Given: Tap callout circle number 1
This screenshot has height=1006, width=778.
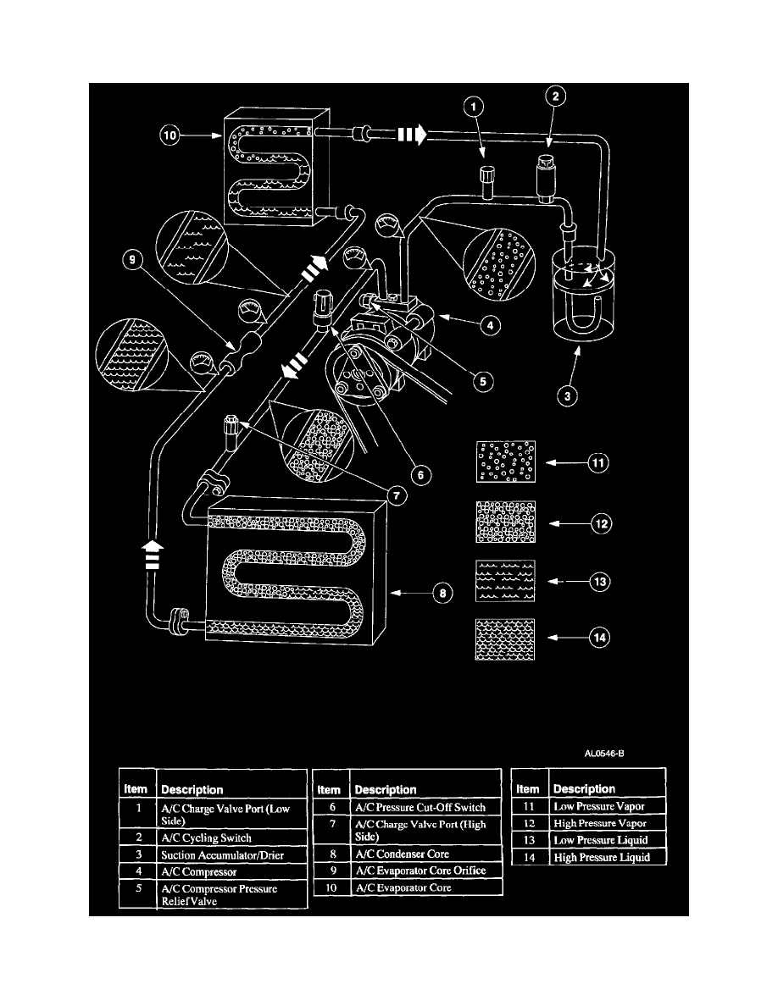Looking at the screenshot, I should point(475,107).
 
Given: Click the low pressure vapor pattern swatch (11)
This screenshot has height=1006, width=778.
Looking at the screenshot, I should point(506,464).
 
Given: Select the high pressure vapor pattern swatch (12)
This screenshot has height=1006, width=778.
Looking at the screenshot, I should point(506,522).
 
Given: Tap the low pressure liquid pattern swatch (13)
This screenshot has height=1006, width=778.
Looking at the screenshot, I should point(506,582).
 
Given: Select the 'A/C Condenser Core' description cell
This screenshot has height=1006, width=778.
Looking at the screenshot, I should point(402,854).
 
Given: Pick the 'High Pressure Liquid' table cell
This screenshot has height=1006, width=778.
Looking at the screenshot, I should point(600,858).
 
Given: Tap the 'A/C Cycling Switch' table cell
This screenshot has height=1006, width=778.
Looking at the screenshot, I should point(206,838).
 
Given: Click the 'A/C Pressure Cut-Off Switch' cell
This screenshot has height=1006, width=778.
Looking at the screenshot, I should point(420,808).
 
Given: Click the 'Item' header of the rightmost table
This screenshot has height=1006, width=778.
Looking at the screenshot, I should point(528,788).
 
